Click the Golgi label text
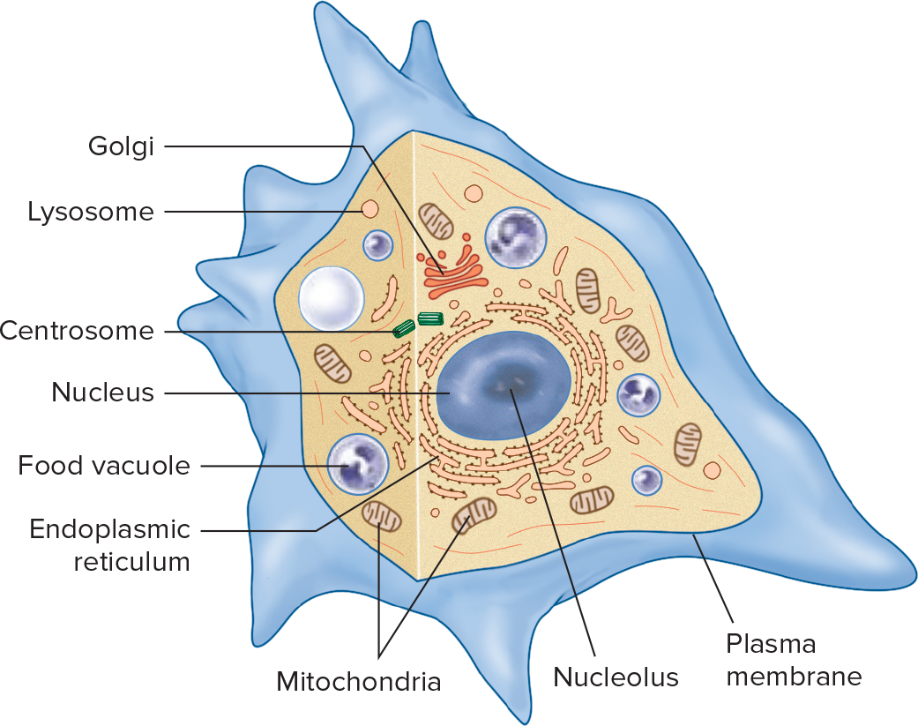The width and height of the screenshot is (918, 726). point(122,146)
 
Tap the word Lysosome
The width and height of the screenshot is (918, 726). point(91,213)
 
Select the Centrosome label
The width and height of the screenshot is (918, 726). point(78,332)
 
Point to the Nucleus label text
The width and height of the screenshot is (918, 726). point(103,392)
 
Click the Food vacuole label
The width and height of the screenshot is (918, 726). point(105,466)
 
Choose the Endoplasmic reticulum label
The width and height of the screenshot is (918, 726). point(110,545)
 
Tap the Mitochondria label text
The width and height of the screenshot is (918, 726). point(358,682)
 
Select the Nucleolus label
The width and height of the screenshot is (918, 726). point(616,677)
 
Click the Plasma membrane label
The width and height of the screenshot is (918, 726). point(793,660)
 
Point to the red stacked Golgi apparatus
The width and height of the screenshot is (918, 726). point(451,273)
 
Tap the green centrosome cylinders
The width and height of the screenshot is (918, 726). point(418,324)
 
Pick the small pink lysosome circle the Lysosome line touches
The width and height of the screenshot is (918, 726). point(369,210)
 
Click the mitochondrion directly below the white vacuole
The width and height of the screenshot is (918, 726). point(333,359)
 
